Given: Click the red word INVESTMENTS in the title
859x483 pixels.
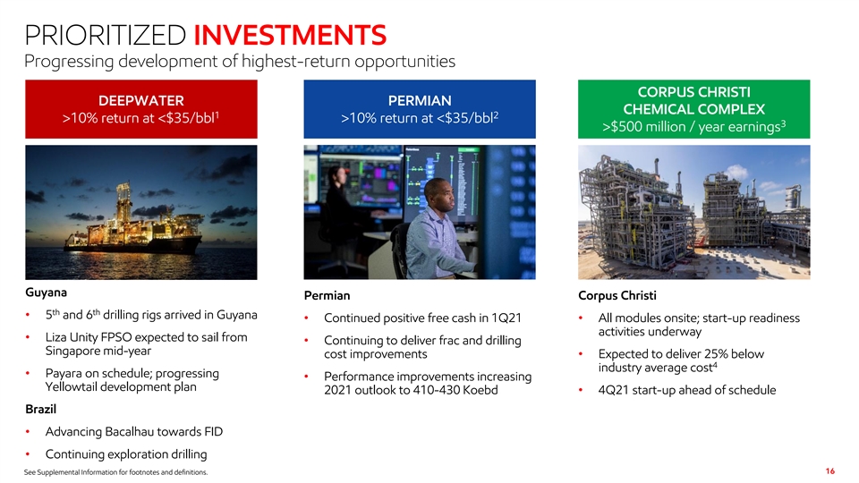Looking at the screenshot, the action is [290, 35].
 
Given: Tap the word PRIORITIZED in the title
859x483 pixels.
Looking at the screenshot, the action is [106, 35].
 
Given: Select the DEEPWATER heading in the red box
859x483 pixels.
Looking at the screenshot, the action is [141, 101].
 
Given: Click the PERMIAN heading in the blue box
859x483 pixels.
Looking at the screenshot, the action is [420, 101].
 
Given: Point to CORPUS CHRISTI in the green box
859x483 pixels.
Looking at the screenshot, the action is [693, 92].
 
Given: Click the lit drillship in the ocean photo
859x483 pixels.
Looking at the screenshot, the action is [133, 225].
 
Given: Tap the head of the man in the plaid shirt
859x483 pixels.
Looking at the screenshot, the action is [439, 196].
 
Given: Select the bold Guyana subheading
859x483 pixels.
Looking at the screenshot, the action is [46, 292].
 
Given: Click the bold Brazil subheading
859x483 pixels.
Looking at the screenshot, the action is [40, 409].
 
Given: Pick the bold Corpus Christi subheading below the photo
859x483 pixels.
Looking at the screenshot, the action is [617, 296].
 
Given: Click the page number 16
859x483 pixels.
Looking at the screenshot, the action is [830, 471].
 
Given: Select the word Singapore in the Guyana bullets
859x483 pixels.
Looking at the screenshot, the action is [72, 351].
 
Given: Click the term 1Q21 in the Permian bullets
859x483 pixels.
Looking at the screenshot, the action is [506, 318].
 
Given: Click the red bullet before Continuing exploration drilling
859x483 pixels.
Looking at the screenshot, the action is [28, 454].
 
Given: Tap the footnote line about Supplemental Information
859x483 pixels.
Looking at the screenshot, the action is [115, 472].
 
